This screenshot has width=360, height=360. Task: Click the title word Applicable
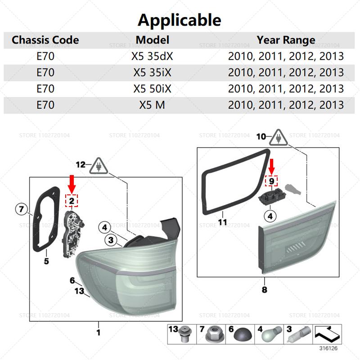tap(179, 20)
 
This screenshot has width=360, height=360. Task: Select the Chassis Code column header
tap(45, 40)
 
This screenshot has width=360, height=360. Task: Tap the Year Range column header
tap(286, 40)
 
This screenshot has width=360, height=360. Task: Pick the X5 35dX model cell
tap(152, 56)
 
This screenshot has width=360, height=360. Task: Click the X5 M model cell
tap(152, 105)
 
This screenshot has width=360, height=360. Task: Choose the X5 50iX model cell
tap(152, 89)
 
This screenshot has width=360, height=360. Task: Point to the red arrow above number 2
tap(72, 184)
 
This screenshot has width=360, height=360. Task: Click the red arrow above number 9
tap(272, 166)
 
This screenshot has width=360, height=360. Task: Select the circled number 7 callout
tap(21, 209)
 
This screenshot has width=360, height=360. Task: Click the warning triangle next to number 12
tap(99, 166)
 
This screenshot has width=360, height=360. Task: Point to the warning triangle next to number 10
tap(278, 138)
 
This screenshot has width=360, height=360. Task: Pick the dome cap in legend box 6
tap(243, 336)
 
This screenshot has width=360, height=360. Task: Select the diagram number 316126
tap(328, 348)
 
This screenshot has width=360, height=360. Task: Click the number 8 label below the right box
tap(265, 289)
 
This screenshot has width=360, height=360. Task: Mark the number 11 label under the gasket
tap(222, 222)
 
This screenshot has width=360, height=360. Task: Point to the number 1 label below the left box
tap(99, 332)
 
